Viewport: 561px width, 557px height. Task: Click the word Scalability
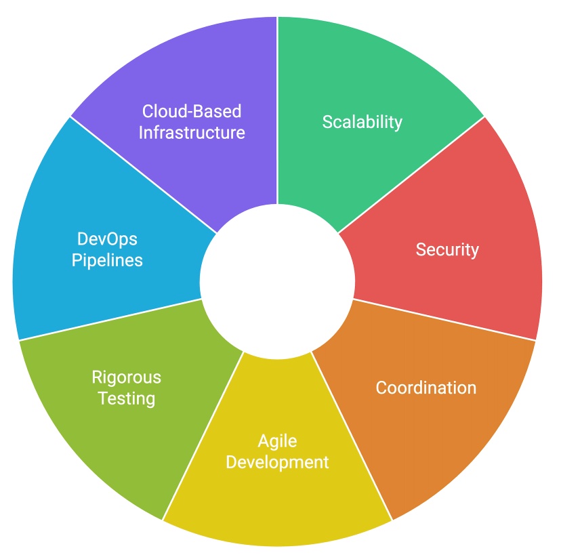[x=362, y=122]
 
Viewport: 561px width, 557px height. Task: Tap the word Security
[x=447, y=249]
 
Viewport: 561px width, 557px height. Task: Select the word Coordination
[x=426, y=388]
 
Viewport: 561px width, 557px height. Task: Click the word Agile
[x=277, y=442]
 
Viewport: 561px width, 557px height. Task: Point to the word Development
[x=277, y=463]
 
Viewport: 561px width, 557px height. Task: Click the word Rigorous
[x=127, y=377]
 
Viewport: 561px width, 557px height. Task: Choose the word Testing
[x=127, y=398]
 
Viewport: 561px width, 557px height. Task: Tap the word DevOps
[x=107, y=239]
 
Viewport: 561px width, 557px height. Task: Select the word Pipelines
[x=107, y=260]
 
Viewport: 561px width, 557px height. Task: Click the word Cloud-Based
[x=192, y=110]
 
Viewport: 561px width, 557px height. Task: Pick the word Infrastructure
[x=192, y=131]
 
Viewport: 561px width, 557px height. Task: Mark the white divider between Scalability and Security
[x=411, y=176]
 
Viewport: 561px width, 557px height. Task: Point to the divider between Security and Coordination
[x=444, y=319]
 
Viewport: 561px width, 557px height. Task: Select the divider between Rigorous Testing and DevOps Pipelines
[x=110, y=319]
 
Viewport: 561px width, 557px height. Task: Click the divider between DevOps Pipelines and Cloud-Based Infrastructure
[x=144, y=176]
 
